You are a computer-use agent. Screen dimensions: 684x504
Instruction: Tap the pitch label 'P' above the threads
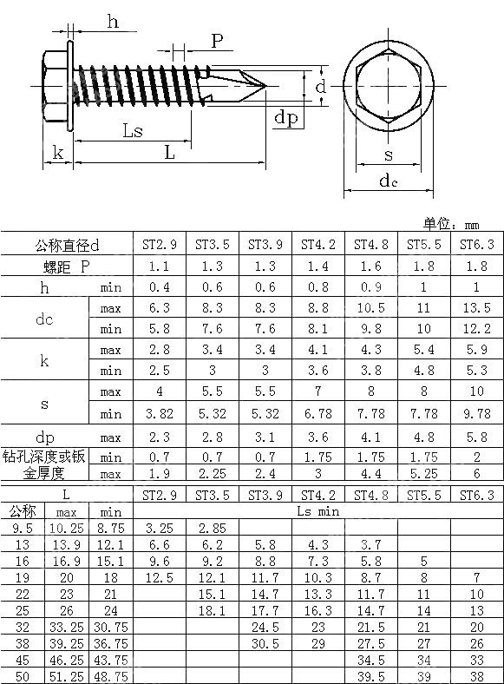click(217, 41)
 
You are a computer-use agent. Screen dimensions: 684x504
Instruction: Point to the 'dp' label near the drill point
click(286, 118)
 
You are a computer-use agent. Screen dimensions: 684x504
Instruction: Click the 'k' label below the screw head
click(57, 153)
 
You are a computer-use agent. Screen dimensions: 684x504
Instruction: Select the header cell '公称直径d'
click(67, 245)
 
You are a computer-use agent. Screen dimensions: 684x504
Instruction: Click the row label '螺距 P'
click(67, 266)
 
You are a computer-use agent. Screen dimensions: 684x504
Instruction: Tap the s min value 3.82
click(159, 412)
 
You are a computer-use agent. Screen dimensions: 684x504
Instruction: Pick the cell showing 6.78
click(317, 412)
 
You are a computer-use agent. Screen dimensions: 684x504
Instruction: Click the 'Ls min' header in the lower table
click(317, 512)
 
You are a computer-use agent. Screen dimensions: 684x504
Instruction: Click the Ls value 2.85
click(212, 528)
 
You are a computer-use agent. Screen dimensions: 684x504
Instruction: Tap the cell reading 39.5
click(370, 676)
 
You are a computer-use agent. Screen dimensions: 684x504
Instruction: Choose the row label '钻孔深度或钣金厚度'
click(45, 464)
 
